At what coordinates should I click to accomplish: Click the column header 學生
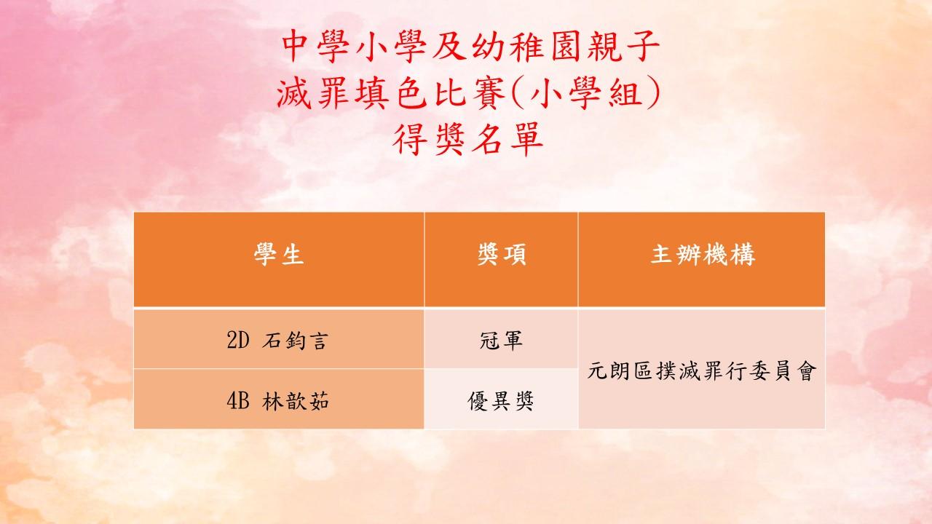coord(279,255)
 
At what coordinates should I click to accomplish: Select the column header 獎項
coord(502,255)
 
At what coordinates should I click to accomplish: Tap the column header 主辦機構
coord(703,255)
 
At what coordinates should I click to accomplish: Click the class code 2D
coord(238,340)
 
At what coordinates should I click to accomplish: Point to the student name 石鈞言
coord(296,341)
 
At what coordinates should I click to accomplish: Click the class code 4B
coord(238,401)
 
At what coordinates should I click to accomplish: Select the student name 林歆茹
coord(296,401)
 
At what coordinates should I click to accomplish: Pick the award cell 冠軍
coord(501,341)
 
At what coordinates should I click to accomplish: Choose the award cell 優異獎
coord(501,401)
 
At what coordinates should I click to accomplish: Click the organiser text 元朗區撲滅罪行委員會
coord(701,371)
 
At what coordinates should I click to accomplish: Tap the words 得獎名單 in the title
coord(468,139)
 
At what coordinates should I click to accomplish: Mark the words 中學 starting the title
coord(316,46)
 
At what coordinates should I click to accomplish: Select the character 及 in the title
coord(449,46)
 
